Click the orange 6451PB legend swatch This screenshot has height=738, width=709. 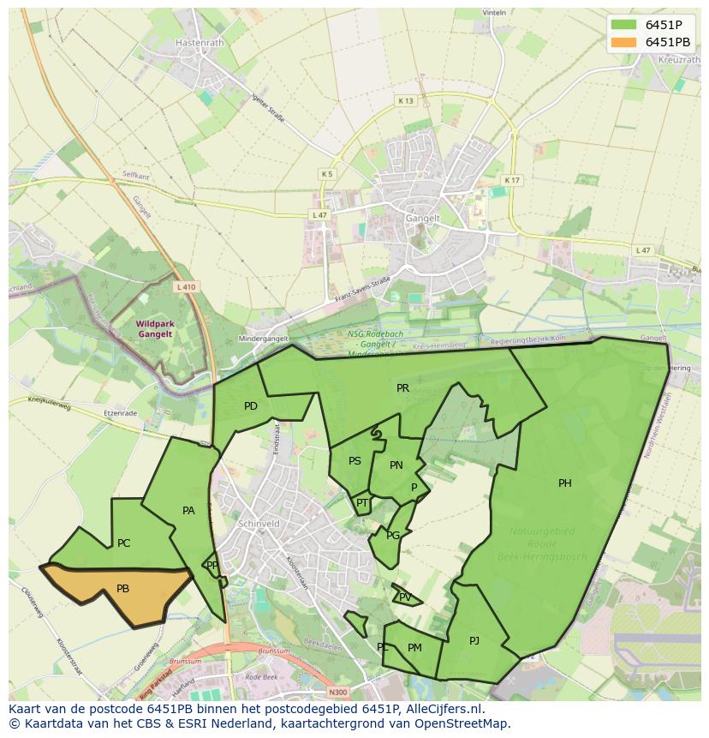[x=623, y=42]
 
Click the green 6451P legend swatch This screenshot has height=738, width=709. [x=623, y=25]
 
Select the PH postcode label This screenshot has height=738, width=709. [x=565, y=483]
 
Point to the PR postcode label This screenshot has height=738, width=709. [x=402, y=388]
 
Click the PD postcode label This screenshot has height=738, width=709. [x=251, y=406]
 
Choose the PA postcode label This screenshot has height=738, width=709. [x=189, y=511]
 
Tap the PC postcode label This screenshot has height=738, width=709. [x=124, y=543]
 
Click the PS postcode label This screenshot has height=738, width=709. [x=354, y=461]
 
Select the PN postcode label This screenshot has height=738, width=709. [x=396, y=465]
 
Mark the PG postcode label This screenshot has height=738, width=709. [x=393, y=536]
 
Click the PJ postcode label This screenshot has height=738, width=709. [x=474, y=640]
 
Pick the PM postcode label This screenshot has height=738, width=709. [x=414, y=648]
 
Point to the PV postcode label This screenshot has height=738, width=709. [x=405, y=597]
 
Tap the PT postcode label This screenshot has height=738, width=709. [x=362, y=503]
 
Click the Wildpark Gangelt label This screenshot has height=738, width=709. [x=154, y=328]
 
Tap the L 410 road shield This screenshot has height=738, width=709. [x=186, y=287]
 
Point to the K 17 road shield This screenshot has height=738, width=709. [x=512, y=180]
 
